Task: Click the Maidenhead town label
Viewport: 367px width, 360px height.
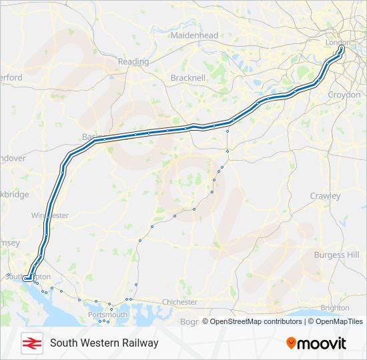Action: click(194, 35)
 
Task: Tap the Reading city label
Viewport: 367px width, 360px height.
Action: click(133, 61)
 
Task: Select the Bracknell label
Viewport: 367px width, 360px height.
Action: click(188, 77)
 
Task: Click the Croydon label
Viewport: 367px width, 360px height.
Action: click(344, 95)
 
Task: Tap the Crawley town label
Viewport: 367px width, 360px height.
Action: click(325, 196)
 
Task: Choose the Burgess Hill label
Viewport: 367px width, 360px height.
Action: click(336, 255)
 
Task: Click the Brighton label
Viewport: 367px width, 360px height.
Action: click(334, 308)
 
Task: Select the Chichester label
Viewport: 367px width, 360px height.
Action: click(179, 302)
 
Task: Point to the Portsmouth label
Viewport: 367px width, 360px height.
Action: click(107, 314)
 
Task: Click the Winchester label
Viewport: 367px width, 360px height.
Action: click(50, 215)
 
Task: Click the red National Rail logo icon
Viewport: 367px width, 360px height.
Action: click(29, 343)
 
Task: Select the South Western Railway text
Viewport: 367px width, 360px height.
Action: click(104, 343)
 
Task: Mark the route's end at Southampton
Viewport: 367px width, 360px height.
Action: click(25, 279)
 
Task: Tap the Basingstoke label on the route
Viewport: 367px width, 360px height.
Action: click(89, 137)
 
